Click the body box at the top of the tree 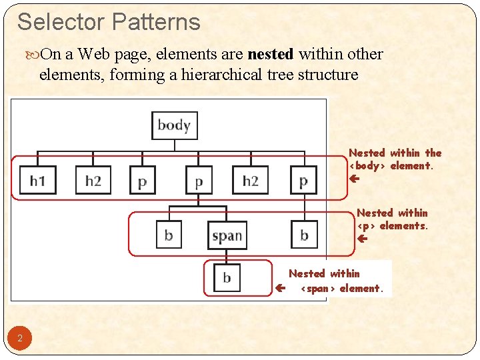point(174,125)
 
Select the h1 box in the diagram point(37,180)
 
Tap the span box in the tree point(227,235)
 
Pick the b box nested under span point(227,277)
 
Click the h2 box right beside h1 point(93,180)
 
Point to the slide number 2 point(20,339)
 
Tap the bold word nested point(271,54)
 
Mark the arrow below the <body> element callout point(354,179)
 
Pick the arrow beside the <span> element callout point(281,289)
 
